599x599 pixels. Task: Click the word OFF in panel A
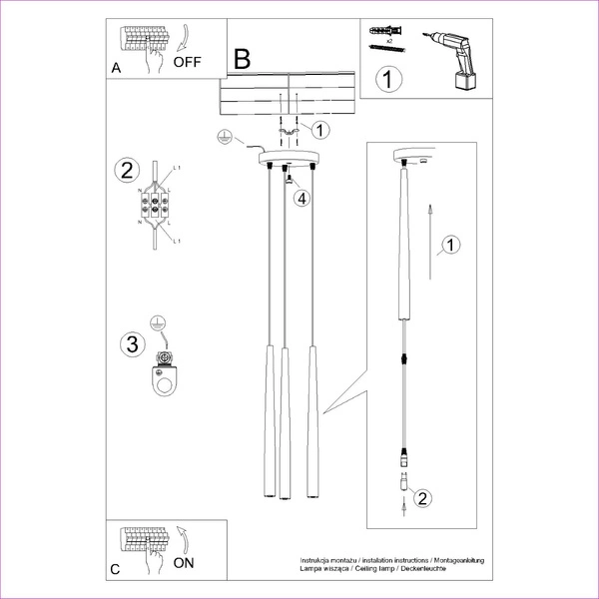(187, 61)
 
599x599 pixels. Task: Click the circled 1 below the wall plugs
(387, 77)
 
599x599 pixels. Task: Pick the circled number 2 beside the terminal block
(125, 169)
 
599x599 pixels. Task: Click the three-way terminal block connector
(155, 208)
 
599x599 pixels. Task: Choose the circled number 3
(129, 345)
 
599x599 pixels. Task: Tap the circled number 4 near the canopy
(302, 198)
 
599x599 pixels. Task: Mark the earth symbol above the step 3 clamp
(156, 322)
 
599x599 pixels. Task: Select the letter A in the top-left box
(117, 69)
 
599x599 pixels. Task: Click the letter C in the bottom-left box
(116, 570)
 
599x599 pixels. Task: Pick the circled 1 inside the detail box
(450, 244)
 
